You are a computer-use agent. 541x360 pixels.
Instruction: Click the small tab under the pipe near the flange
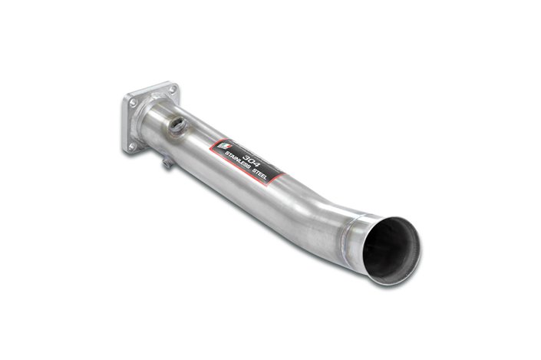coord(167,163)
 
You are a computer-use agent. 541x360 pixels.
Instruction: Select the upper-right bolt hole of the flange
coord(173,90)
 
